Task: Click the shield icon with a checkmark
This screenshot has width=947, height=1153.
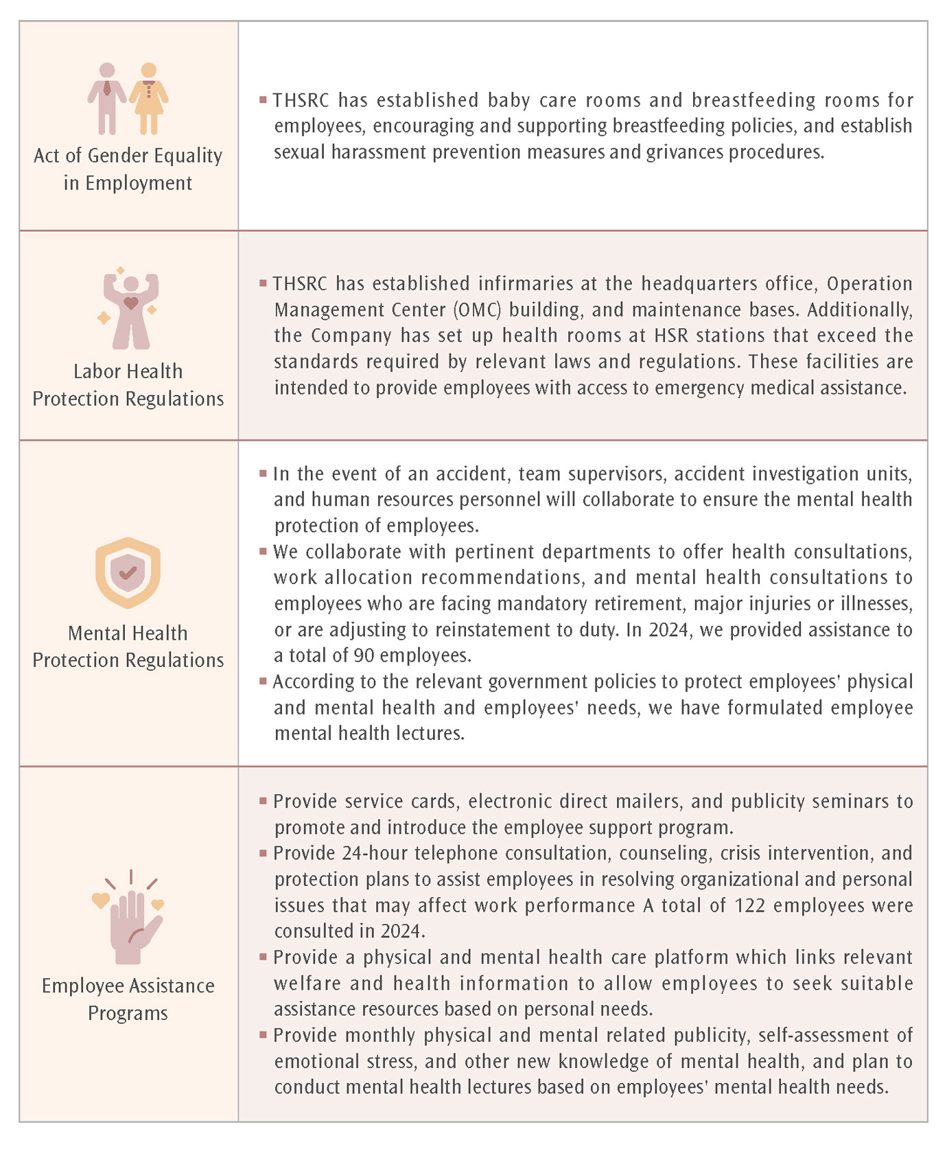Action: coord(128,572)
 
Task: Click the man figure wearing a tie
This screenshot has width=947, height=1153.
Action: coord(106,98)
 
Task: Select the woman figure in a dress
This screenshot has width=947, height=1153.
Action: coord(149,98)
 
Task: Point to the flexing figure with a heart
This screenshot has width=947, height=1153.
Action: coord(130,310)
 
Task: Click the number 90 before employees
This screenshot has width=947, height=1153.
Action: coord(364,655)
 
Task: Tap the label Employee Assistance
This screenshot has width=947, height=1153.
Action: coord(128,986)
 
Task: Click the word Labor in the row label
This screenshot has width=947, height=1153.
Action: coord(95,371)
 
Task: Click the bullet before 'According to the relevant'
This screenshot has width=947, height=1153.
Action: coord(263,681)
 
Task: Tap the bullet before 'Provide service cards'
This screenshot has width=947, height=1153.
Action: coord(263,800)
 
